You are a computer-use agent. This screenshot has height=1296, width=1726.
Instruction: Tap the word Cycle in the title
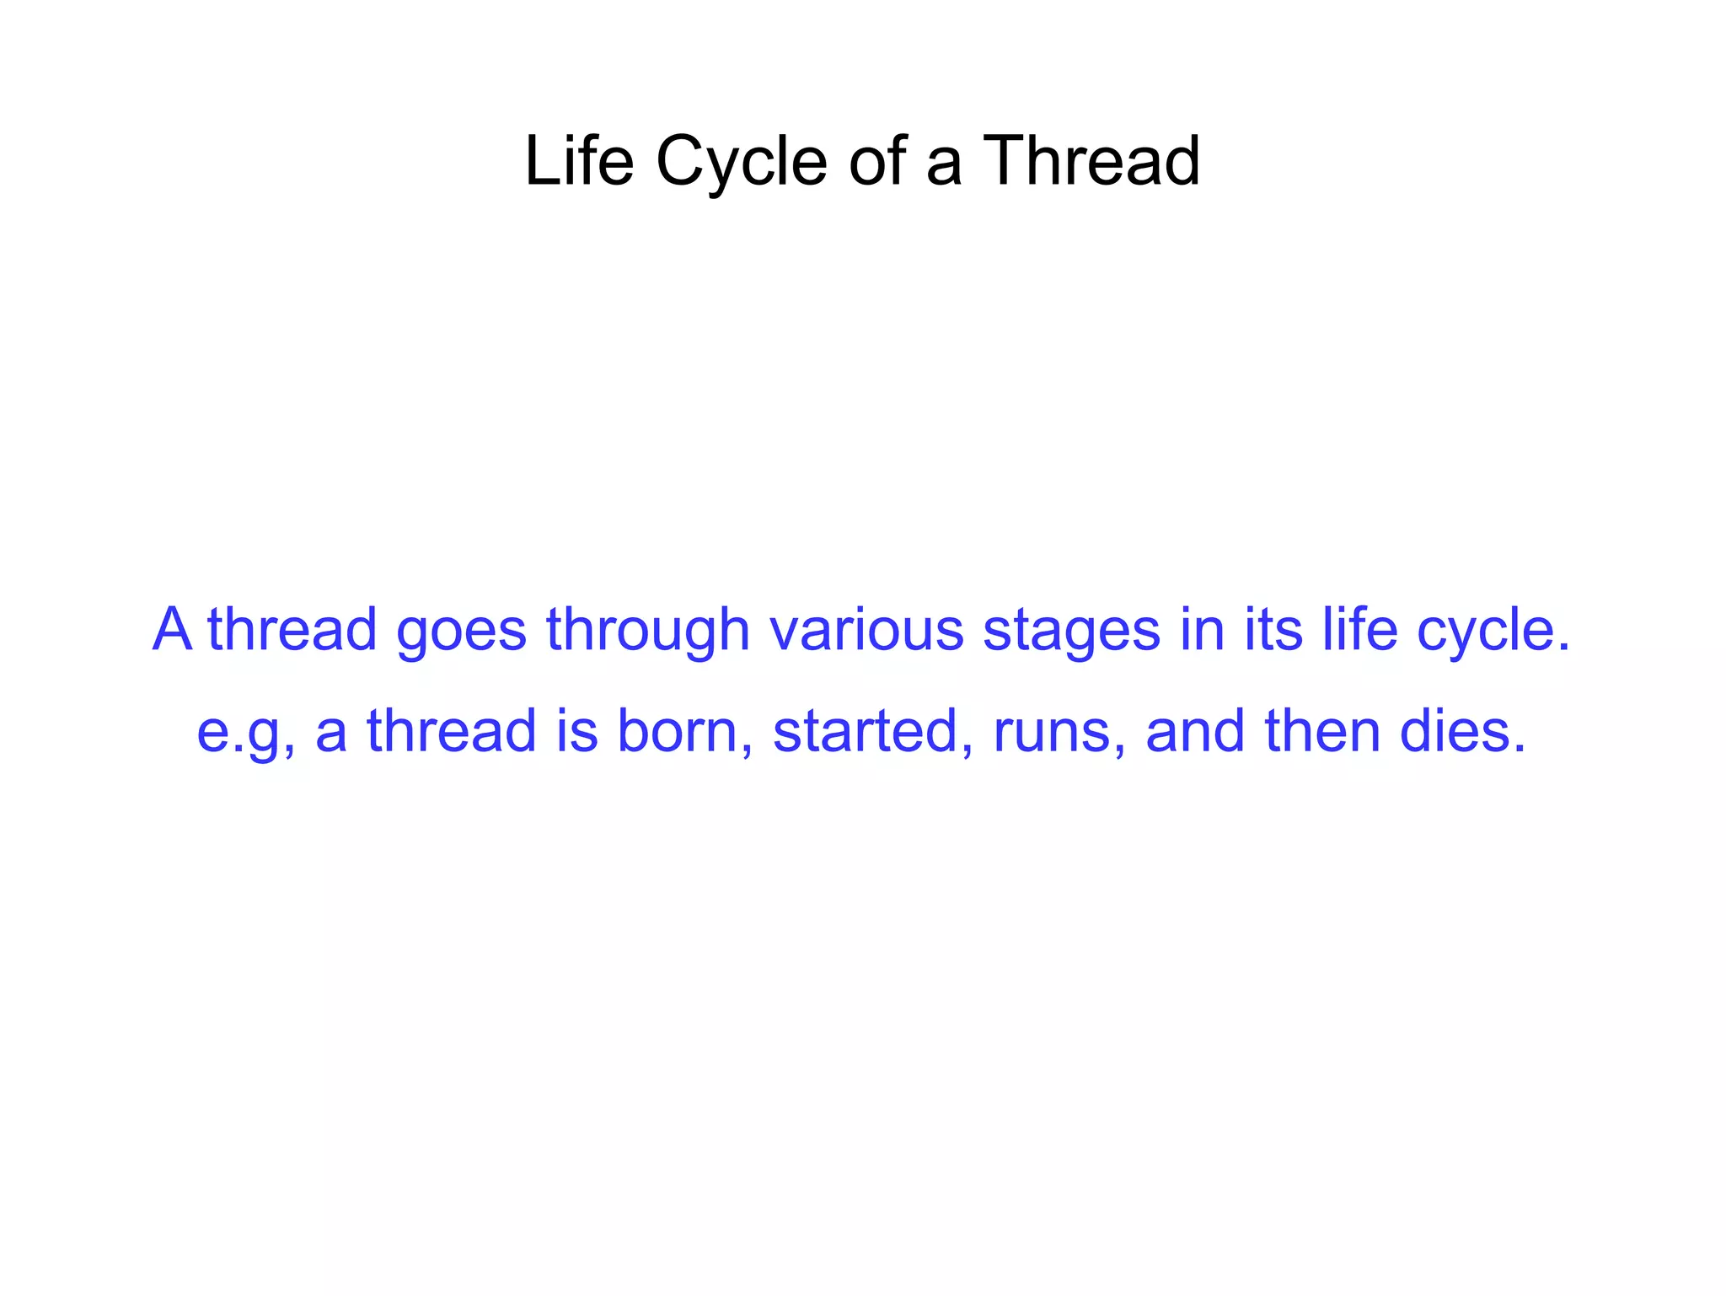pos(742,162)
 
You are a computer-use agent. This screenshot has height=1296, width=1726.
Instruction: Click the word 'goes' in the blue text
pos(461,631)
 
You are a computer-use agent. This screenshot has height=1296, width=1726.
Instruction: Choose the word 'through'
pos(647,631)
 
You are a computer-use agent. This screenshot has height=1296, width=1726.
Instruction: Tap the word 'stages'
pos(1071,631)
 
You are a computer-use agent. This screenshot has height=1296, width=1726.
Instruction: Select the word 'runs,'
pos(1059,732)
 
